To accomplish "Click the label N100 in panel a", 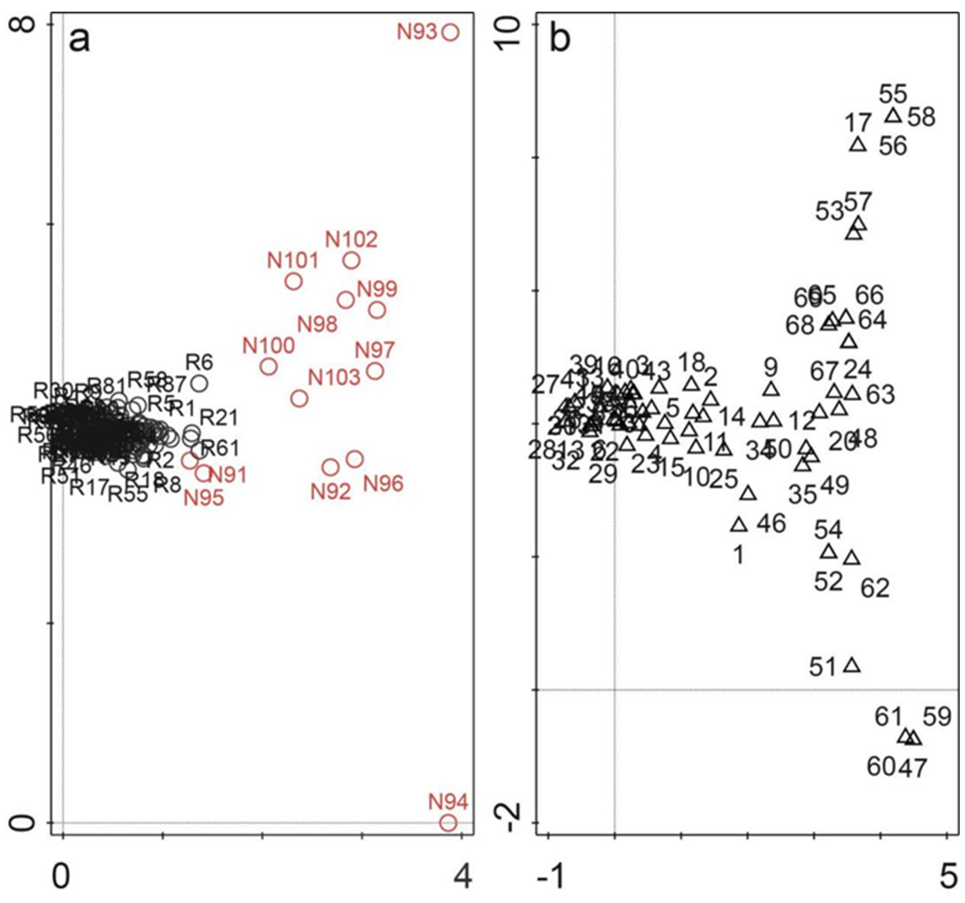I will [269, 346].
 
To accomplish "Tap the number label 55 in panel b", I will [893, 94].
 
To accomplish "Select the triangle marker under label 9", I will [771, 389].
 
